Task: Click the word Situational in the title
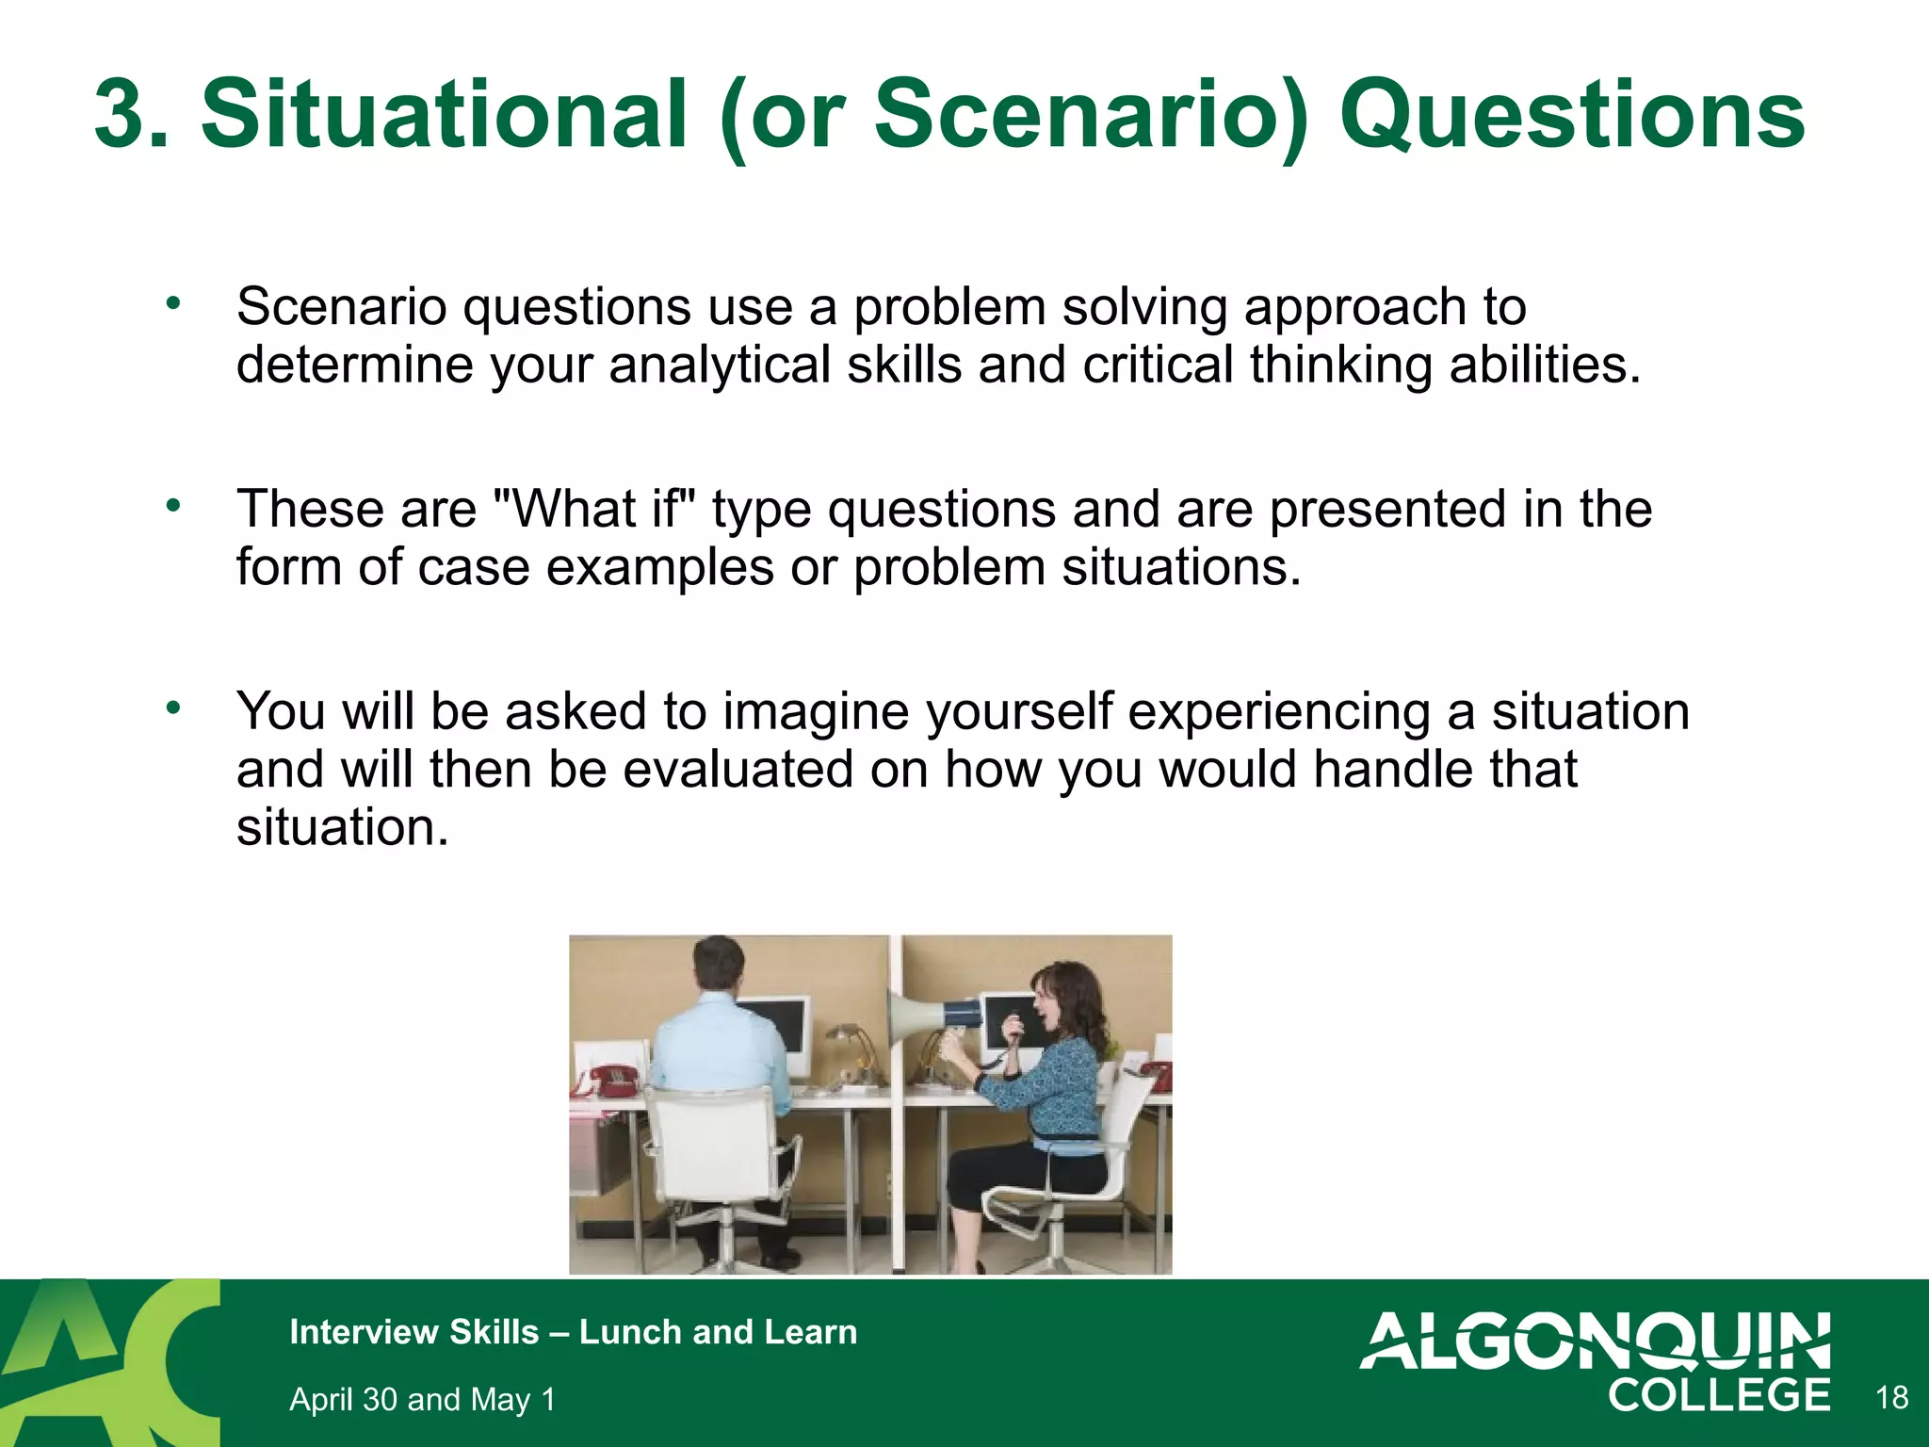pyautogui.click(x=444, y=115)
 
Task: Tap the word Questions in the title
pyautogui.click(x=1571, y=115)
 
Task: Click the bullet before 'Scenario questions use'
pyautogui.click(x=172, y=303)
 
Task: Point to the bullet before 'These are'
pyautogui.click(x=172, y=506)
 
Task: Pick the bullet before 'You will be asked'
pyautogui.click(x=172, y=707)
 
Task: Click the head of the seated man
pyautogui.click(x=719, y=965)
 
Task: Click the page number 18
pyautogui.click(x=1891, y=1397)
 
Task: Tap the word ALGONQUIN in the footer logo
pyautogui.click(x=1595, y=1340)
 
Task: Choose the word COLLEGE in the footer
pyautogui.click(x=1718, y=1395)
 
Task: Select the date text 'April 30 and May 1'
pyautogui.click(x=422, y=1399)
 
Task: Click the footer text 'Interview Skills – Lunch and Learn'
pyautogui.click(x=573, y=1332)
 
